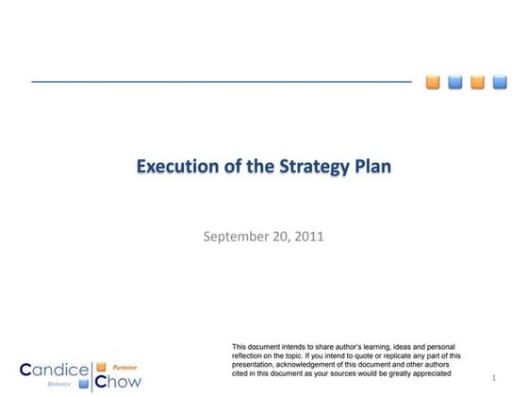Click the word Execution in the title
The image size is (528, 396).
[173, 168]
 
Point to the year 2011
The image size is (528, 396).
[308, 236]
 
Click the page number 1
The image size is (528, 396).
[494, 378]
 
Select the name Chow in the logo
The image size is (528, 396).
[118, 381]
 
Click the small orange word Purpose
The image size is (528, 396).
[125, 367]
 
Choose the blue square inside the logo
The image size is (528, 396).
[84, 384]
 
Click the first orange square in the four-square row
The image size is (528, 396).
[433, 81]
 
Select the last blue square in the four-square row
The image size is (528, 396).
[500, 81]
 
